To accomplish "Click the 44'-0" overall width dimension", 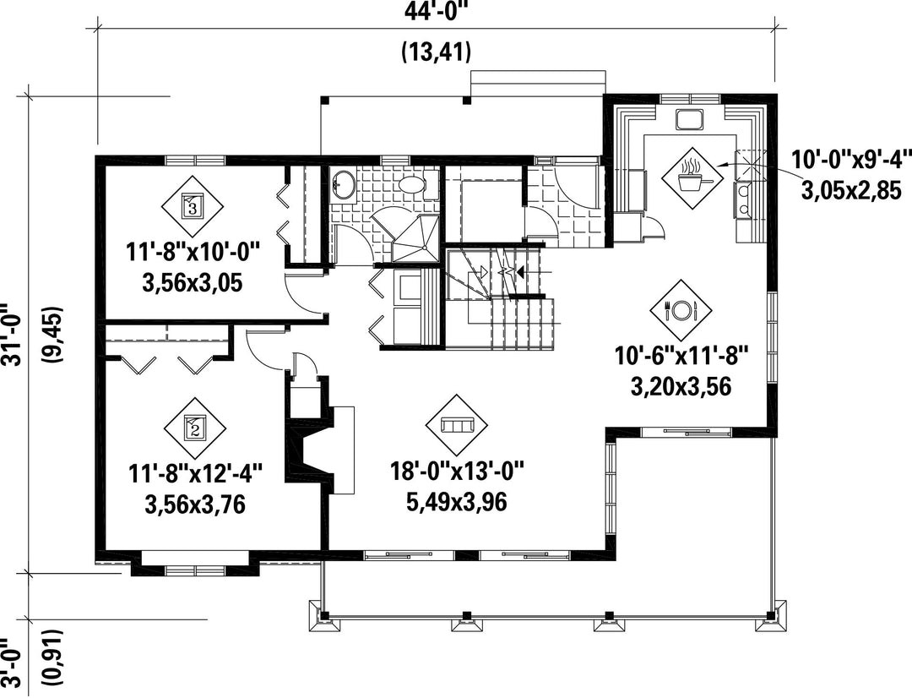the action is point(436,11).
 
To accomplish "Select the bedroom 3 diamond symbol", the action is point(193,207).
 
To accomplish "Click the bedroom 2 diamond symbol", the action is point(194,428).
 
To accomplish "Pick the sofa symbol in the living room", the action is point(458,426).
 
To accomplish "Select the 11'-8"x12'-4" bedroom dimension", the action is point(195,473).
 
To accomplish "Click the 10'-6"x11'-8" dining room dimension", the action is point(681,355).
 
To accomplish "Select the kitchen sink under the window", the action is point(690,119).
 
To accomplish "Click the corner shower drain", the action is point(427,248).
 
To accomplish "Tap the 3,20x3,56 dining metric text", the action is point(681,386).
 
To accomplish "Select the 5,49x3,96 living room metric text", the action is point(457,501).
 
